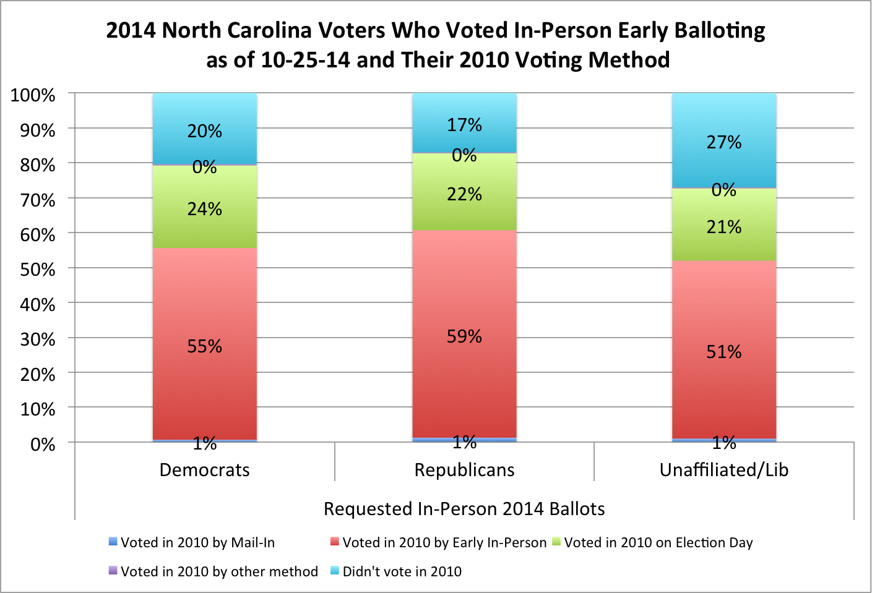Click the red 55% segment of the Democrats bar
[x=205, y=344]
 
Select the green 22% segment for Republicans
[x=464, y=192]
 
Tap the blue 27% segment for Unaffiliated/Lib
[x=724, y=140]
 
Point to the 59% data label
[x=464, y=336]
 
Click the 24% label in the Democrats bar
[x=205, y=209]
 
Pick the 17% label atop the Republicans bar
[x=464, y=125]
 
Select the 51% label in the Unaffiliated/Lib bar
[x=724, y=352]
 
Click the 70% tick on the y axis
[x=37, y=200]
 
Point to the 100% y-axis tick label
[x=33, y=95]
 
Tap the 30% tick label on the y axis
[x=37, y=339]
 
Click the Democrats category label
[x=205, y=470]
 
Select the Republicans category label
[x=464, y=470]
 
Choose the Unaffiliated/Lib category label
[x=724, y=470]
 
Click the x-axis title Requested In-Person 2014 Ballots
[x=464, y=509]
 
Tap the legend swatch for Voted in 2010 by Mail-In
[x=113, y=541]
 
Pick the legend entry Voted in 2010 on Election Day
[x=653, y=542]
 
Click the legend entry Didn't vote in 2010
[x=396, y=571]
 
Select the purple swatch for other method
[x=113, y=571]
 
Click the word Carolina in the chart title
[x=269, y=30]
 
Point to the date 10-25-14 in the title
[x=306, y=60]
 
